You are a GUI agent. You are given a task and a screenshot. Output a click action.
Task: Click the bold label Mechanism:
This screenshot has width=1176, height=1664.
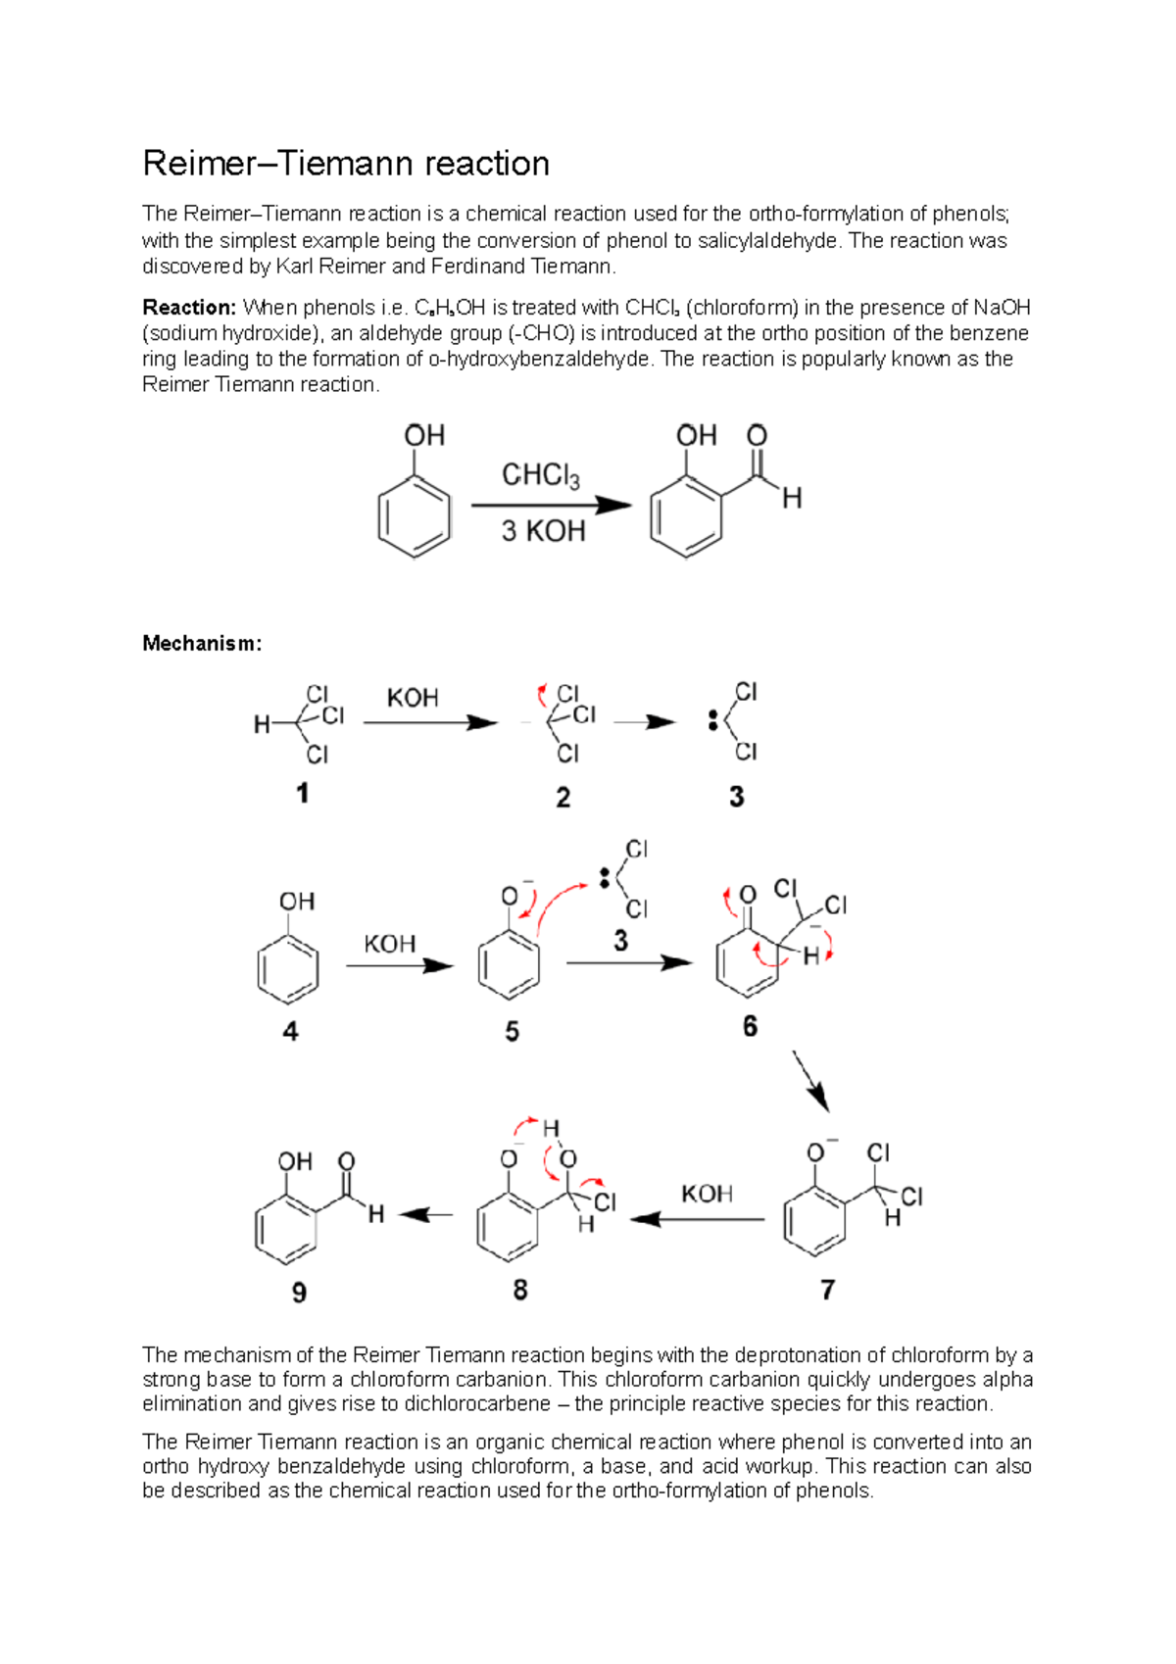click(202, 643)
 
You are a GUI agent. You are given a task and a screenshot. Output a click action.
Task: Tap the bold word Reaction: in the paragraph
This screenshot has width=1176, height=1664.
click(189, 308)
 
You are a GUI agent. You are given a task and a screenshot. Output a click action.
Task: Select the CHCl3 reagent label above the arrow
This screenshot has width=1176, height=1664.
click(540, 476)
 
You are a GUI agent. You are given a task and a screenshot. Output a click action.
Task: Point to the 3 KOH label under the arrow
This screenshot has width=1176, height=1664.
click(543, 531)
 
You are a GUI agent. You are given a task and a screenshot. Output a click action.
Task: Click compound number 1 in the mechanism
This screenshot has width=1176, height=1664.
click(303, 793)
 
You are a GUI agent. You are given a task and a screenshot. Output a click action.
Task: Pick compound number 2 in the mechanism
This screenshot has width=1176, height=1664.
click(563, 798)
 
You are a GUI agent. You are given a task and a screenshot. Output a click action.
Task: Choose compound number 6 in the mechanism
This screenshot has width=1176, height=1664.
click(750, 1026)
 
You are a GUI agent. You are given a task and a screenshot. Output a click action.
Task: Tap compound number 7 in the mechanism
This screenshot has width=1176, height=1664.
click(828, 1290)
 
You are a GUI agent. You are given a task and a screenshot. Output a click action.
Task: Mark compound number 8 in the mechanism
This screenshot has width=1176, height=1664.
click(520, 1290)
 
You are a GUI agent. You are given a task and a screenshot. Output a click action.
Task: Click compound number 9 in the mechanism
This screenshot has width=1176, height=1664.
click(299, 1293)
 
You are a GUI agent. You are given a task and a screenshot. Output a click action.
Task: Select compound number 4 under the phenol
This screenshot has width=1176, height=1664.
click(290, 1031)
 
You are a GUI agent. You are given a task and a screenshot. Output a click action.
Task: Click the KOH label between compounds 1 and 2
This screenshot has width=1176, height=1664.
click(413, 698)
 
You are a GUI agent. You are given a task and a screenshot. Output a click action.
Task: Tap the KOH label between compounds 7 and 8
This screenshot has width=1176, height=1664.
click(707, 1194)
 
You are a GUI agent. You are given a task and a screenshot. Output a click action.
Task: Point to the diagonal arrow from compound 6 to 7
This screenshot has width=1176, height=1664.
click(810, 1081)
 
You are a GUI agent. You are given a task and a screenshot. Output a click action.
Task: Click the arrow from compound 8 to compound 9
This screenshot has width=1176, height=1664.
click(426, 1215)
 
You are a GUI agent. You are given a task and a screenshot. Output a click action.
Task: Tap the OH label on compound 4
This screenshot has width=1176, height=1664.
click(297, 902)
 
